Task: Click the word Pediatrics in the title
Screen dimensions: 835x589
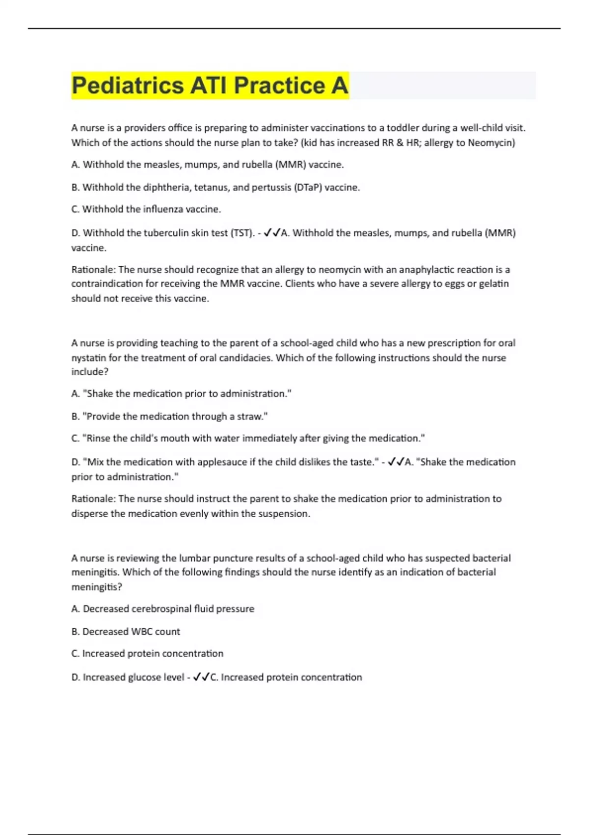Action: click(128, 85)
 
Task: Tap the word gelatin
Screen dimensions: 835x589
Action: click(493, 283)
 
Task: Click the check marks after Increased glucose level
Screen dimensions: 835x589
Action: click(201, 677)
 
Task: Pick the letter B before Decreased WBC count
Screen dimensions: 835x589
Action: click(75, 632)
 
